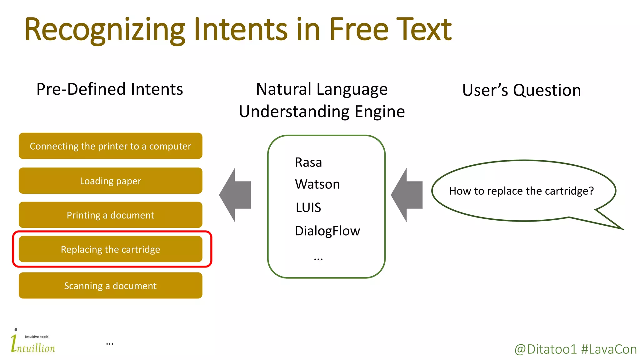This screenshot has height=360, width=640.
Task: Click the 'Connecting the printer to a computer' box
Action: (x=110, y=146)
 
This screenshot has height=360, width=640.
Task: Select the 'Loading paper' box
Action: (x=110, y=181)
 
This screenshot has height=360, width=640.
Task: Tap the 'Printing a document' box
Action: (x=110, y=215)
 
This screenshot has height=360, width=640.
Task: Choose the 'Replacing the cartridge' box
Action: (x=110, y=249)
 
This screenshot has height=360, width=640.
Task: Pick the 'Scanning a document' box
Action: (x=110, y=285)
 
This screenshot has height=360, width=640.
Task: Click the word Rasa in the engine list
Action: (x=308, y=162)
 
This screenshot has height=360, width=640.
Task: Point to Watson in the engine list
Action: (x=317, y=184)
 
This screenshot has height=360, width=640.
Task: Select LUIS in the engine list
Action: (x=308, y=207)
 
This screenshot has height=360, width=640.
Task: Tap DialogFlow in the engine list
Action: (x=327, y=231)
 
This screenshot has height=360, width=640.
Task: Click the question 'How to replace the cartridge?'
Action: (x=521, y=191)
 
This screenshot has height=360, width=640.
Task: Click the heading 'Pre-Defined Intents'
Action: (x=109, y=89)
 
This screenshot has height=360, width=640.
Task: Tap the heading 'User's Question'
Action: (x=521, y=90)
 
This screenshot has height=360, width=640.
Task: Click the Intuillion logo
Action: (x=32, y=342)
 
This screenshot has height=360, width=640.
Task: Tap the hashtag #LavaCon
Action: (x=609, y=349)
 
